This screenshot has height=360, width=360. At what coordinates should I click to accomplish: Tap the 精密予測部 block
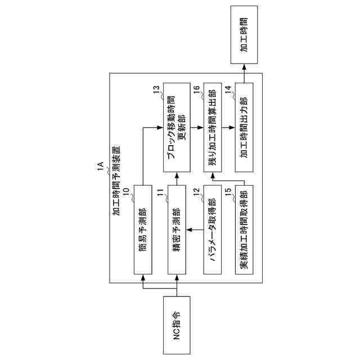(178, 229)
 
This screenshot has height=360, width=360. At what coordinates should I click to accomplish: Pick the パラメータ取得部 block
(211, 229)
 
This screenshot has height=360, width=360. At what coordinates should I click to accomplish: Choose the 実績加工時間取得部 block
(245, 229)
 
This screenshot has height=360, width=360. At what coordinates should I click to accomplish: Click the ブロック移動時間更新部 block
(178, 127)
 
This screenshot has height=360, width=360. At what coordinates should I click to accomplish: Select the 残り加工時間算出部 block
(211, 127)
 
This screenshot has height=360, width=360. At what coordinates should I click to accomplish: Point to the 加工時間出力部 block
(245, 127)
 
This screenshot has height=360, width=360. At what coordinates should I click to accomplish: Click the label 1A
(100, 167)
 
